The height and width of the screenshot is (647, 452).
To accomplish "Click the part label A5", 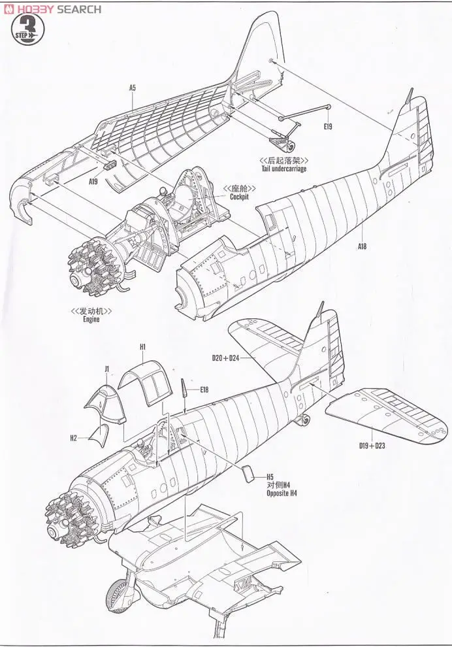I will click(x=132, y=87).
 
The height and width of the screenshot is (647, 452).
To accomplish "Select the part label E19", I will click(x=328, y=126).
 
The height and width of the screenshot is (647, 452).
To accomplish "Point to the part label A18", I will click(x=362, y=246).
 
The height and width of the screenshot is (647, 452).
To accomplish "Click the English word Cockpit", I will click(x=238, y=197).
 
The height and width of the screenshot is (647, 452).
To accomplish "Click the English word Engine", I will click(x=91, y=320).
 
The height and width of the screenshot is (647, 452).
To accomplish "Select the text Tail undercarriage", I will click(x=283, y=169).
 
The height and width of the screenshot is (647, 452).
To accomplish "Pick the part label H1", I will click(x=143, y=346).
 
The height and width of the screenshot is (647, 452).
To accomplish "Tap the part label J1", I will click(x=106, y=369).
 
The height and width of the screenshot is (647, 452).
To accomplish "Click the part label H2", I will click(x=73, y=438).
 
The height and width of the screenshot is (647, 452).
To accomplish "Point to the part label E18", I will click(x=204, y=390).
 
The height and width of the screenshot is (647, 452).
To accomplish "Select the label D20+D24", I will click(x=226, y=358).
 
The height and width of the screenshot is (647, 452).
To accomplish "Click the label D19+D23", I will click(x=373, y=446).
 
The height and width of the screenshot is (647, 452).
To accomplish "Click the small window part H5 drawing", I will click(x=248, y=473).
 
